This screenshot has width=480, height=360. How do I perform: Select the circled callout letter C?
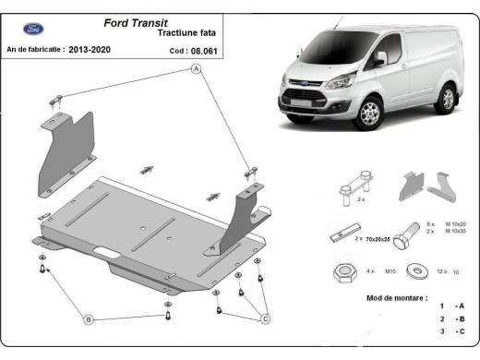click(264, 319)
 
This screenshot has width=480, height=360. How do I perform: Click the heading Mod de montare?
click(396, 298)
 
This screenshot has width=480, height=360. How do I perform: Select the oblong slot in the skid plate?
click(107, 250)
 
